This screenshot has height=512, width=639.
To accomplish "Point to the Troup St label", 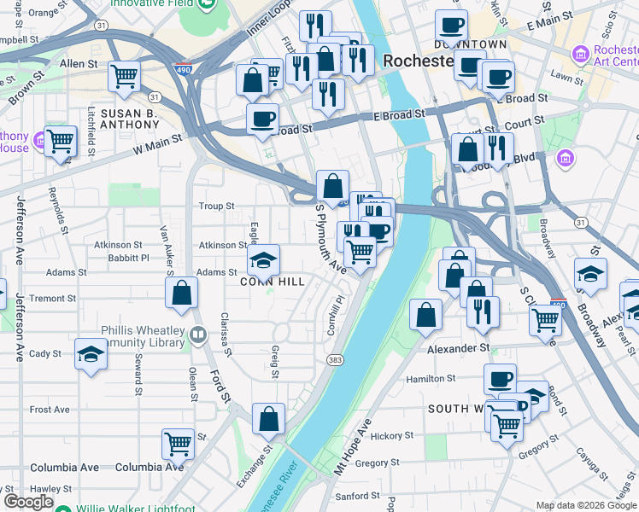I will click(x=216, y=207).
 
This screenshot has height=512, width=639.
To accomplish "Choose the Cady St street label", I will click(x=45, y=353).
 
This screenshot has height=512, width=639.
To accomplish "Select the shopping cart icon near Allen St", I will click(x=125, y=76).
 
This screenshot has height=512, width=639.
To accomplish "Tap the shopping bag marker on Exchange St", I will click(x=269, y=418).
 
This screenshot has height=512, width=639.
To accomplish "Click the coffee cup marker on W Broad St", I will click(x=263, y=118).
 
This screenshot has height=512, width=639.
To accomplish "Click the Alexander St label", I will click(x=458, y=349).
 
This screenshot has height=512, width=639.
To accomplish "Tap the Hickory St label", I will click(x=392, y=436).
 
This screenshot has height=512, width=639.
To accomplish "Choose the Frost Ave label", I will click(x=50, y=410).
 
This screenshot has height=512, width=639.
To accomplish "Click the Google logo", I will click(x=28, y=502).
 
